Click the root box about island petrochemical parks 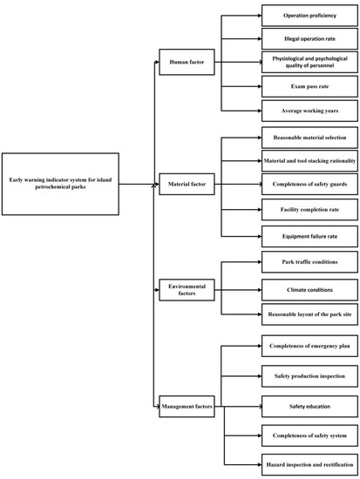click(x=60, y=185)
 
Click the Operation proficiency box click(x=309, y=15)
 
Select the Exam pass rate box click(x=309, y=87)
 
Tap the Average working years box click(x=309, y=111)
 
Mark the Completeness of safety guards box click(x=309, y=185)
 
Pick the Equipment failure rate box click(x=309, y=233)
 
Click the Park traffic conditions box click(x=309, y=261)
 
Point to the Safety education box click(x=309, y=405)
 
